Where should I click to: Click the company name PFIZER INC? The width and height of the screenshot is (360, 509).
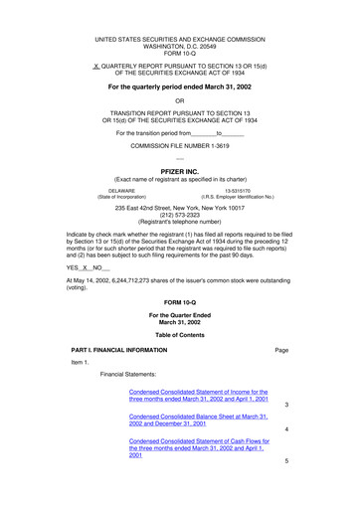(179, 171)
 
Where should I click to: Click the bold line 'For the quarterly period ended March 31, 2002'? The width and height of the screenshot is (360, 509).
(179, 87)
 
